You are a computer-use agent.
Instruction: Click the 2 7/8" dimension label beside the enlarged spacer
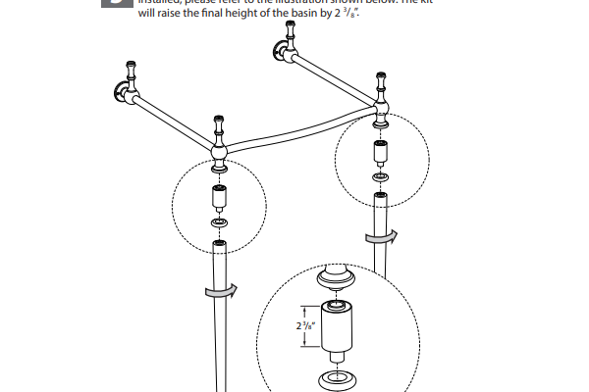pyautogui.click(x=304, y=326)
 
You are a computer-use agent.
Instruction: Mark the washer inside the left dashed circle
pyautogui.click(x=218, y=224)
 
